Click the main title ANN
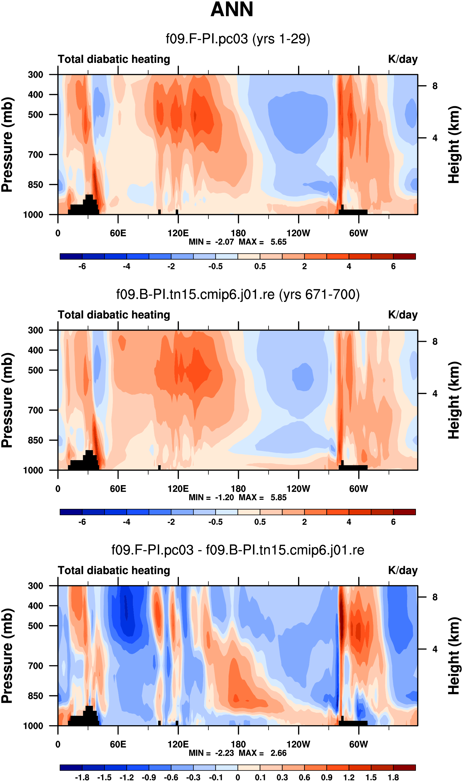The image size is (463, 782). tap(232, 9)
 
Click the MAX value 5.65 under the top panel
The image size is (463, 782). tap(278, 242)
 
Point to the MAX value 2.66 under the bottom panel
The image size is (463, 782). tap(278, 753)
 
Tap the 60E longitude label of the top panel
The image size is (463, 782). tap(118, 233)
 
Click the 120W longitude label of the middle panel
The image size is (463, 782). tap(298, 489)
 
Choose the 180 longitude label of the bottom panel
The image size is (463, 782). tap(238, 744)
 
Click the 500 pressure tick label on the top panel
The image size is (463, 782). tap(36, 115)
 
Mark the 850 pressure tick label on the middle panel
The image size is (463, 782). tap(36, 440)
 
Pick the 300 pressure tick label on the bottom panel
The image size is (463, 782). tap(36, 586)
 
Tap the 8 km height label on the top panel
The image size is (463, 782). tap(435, 86)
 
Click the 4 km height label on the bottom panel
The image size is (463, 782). tap(435, 649)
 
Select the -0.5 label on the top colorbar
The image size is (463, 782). tap(216, 267)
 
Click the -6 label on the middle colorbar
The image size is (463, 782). tap(82, 522)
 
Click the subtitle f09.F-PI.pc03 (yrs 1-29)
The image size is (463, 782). tap(238, 39)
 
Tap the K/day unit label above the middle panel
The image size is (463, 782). tap(402, 315)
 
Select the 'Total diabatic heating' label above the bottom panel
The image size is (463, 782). tap(114, 571)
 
